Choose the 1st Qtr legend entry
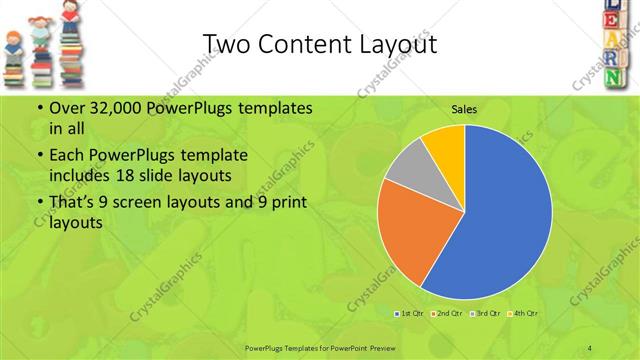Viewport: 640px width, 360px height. (411, 314)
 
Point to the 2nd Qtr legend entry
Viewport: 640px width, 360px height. (447, 314)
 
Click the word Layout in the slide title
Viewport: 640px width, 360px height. (391, 44)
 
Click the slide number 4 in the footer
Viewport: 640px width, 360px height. (590, 347)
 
